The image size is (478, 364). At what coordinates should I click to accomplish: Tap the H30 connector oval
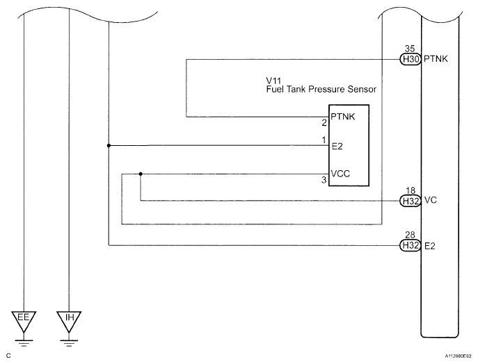411,59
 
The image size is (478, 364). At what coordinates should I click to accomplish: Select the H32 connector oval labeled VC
411,201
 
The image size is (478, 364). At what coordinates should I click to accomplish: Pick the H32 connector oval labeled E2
411,245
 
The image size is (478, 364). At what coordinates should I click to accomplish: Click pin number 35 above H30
410,49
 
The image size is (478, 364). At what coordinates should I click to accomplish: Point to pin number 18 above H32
411,190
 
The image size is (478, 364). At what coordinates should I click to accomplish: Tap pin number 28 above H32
411,235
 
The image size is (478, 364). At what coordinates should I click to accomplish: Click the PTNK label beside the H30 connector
436,59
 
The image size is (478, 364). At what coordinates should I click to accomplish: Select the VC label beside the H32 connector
431,200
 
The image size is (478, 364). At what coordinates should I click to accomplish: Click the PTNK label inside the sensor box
343,117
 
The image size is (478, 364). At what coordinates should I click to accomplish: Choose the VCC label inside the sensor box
340,174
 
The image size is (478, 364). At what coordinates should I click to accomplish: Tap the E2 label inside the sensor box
337,147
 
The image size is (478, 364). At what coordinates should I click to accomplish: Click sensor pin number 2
324,123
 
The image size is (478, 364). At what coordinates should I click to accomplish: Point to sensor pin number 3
324,180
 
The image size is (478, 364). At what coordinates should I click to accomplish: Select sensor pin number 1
324,140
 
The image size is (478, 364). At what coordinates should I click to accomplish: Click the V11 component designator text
273,81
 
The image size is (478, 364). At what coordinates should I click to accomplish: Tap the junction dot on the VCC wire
141,174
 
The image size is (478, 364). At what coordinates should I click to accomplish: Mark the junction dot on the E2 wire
109,145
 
